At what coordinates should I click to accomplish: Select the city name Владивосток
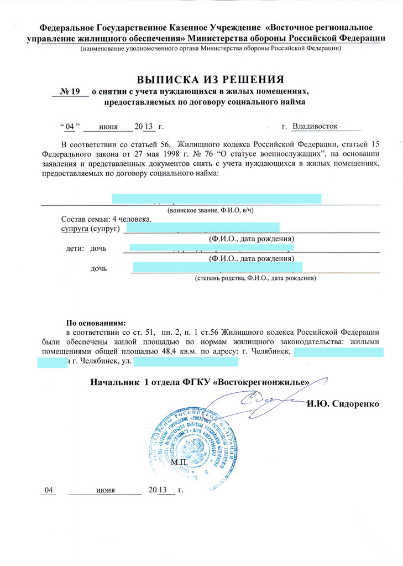pyautogui.click(x=315, y=126)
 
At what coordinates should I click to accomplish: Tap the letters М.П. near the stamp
pyautogui.click(x=180, y=461)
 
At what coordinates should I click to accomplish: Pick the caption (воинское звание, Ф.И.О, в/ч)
pyautogui.click(x=210, y=211)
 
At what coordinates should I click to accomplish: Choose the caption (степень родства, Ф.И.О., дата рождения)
pyautogui.click(x=255, y=279)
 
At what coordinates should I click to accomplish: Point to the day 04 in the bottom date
pyautogui.click(x=50, y=491)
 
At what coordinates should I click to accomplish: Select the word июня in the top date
pyautogui.click(x=108, y=127)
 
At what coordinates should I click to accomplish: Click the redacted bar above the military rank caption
pyautogui.click(x=216, y=199)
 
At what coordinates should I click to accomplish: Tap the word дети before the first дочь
pyautogui.click(x=75, y=248)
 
